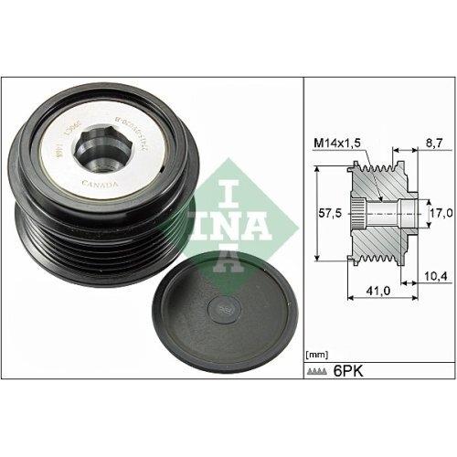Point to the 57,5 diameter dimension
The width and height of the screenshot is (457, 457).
[324, 213]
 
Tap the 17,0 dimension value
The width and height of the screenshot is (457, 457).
[441, 213]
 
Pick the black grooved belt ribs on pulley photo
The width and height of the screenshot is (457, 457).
[55, 228]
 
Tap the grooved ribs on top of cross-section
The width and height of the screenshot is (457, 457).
[377, 168]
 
